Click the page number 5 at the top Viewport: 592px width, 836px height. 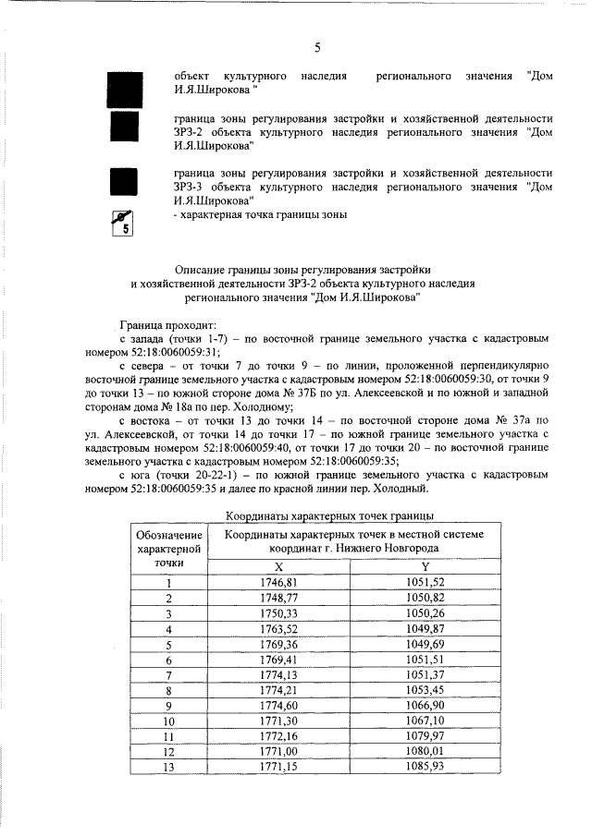pos(317,47)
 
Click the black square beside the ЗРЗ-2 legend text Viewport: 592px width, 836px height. pos(124,130)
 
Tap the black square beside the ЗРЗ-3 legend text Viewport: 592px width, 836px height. pos(124,184)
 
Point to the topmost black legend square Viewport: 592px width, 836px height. pos(124,82)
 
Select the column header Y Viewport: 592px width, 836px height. pos(425,566)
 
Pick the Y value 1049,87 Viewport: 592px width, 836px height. pos(425,629)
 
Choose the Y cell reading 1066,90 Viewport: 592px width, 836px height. pos(425,707)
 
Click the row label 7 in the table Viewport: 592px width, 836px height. pos(168,675)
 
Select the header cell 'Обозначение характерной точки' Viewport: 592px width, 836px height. pos(168,548)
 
